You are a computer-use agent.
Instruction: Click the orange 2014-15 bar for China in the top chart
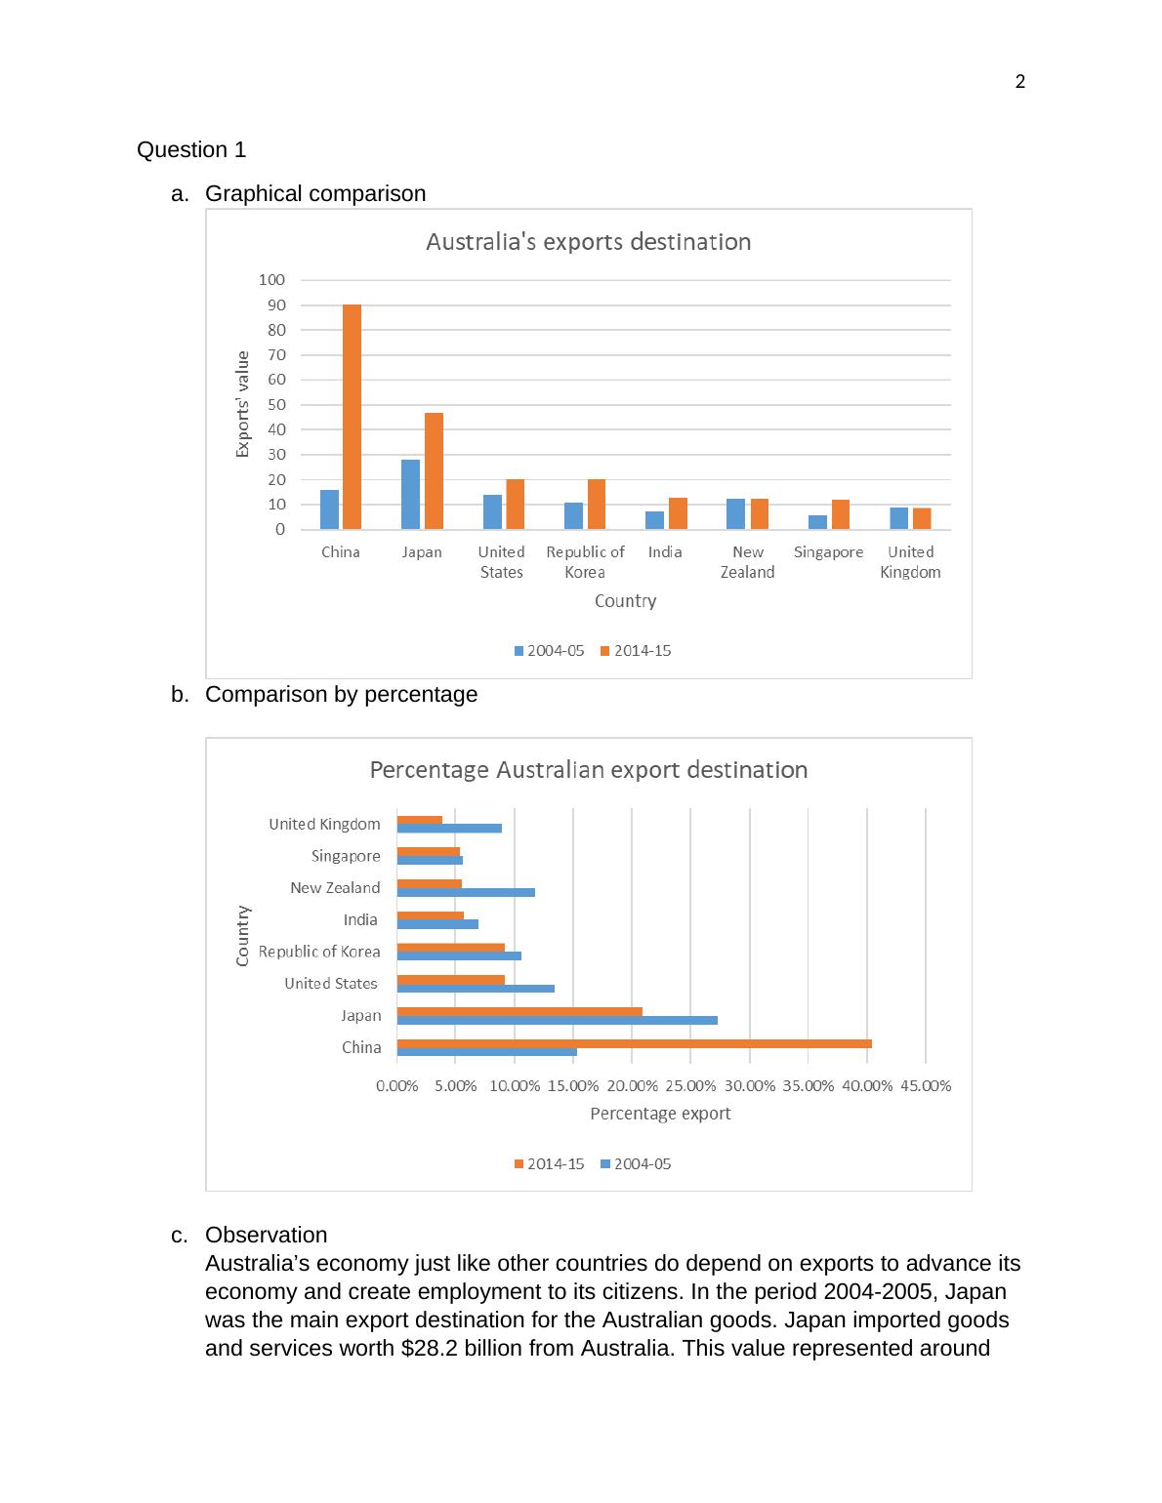click(352, 418)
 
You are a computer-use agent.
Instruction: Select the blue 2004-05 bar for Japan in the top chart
click(410, 495)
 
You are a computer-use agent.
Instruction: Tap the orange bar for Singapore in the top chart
click(841, 515)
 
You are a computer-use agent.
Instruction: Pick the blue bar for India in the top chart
click(654, 520)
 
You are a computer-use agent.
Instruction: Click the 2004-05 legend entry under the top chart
click(549, 651)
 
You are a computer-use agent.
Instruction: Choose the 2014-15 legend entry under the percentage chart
click(549, 1164)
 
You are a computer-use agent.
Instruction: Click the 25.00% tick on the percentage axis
click(691, 1086)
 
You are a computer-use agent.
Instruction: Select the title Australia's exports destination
click(588, 242)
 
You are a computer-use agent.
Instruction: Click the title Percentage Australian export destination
click(588, 770)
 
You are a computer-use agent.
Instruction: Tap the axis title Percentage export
click(660, 1114)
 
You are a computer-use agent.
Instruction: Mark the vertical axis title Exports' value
click(243, 404)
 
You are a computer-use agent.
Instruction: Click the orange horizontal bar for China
click(634, 1043)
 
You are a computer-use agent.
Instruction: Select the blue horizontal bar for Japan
click(557, 1020)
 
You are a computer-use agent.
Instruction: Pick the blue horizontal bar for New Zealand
click(466, 892)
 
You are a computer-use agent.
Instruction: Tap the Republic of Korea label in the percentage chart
click(319, 952)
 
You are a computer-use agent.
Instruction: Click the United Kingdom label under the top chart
click(910, 562)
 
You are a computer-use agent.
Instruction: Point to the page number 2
click(1020, 82)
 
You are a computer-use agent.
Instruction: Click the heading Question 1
click(191, 150)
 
